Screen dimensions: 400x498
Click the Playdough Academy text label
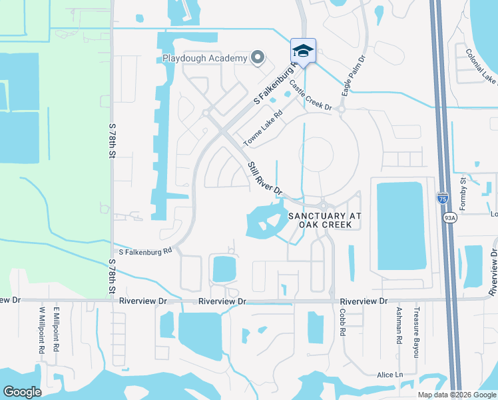pos(204,58)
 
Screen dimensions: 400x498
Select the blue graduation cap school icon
pos(302,51)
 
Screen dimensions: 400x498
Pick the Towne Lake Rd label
pos(263,128)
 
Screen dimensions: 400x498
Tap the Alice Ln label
pos(390,375)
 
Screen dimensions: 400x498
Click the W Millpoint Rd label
pos(41,330)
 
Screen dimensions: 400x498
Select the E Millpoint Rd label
pos(57,330)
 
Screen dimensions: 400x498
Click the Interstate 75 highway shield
pos(443,197)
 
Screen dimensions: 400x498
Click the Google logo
pos(23,391)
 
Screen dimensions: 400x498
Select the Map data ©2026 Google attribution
pos(457,395)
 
